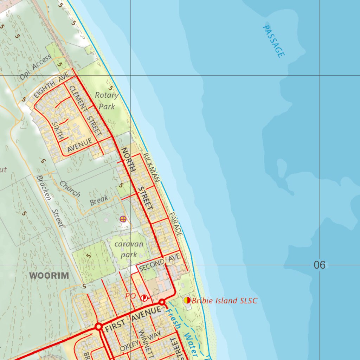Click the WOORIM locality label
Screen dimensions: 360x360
(x=49, y=275)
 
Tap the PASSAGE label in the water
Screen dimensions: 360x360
(x=274, y=41)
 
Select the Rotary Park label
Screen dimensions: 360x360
(x=107, y=101)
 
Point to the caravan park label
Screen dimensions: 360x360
(x=129, y=249)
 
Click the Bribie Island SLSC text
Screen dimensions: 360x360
(x=225, y=301)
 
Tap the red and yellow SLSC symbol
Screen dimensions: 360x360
(x=187, y=300)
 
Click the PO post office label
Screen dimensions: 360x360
(x=130, y=296)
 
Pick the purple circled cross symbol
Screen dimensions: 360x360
(x=123, y=219)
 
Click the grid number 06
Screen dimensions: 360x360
(x=319, y=265)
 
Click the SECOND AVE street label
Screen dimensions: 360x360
(x=160, y=262)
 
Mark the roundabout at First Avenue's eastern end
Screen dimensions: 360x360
(x=162, y=302)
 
